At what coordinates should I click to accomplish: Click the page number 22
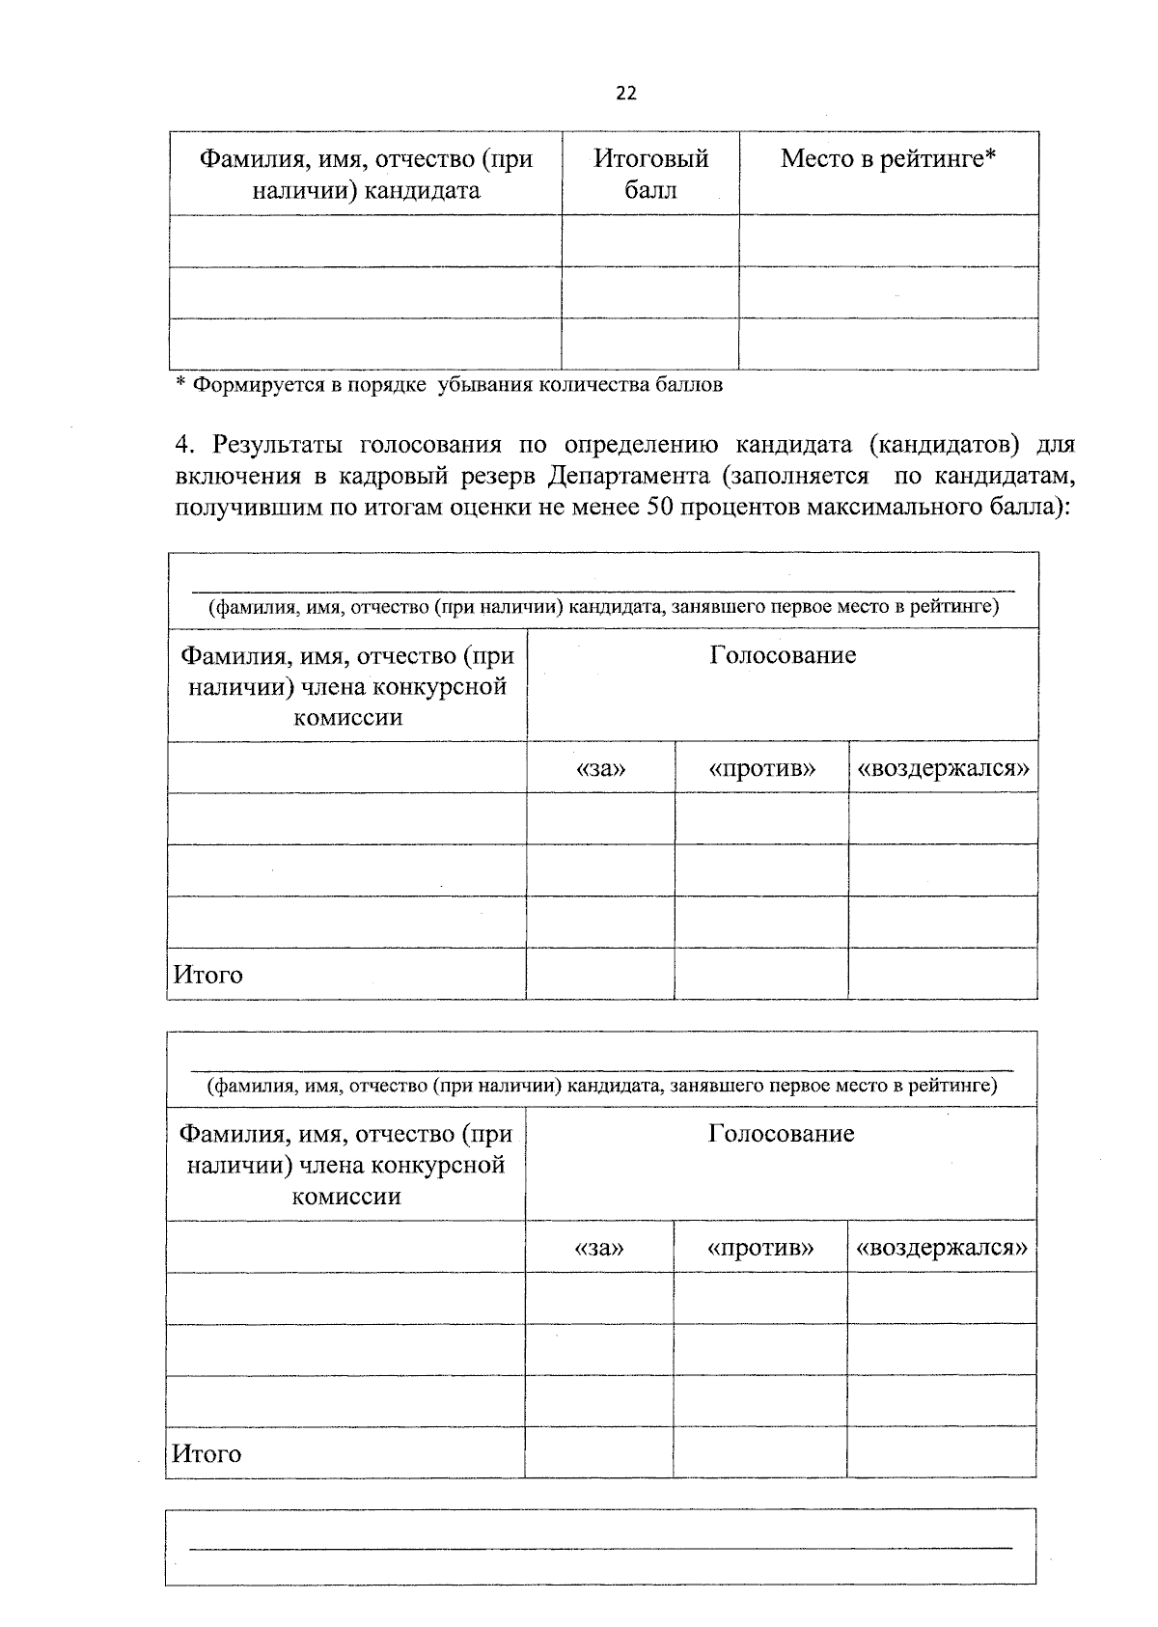(x=625, y=94)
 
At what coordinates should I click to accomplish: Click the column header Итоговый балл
(x=650, y=174)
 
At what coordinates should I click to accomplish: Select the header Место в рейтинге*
(x=888, y=159)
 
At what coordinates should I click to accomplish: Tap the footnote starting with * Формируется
(x=449, y=385)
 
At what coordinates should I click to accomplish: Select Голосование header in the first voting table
(x=783, y=656)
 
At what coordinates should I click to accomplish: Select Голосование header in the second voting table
(x=781, y=1133)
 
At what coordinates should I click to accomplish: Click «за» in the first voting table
(x=600, y=768)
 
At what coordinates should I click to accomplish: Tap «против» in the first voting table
(x=761, y=768)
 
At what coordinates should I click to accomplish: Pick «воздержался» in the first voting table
(x=943, y=768)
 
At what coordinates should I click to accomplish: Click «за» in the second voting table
(x=599, y=1247)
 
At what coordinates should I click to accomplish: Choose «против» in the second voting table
(x=760, y=1247)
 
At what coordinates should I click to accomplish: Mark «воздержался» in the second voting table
(x=942, y=1247)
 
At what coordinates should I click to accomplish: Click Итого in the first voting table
(x=208, y=975)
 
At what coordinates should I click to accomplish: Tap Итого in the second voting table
(x=207, y=1453)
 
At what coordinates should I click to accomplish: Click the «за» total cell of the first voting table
(x=600, y=973)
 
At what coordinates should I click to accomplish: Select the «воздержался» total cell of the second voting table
(x=942, y=1451)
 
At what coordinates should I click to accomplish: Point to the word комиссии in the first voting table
(x=347, y=718)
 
